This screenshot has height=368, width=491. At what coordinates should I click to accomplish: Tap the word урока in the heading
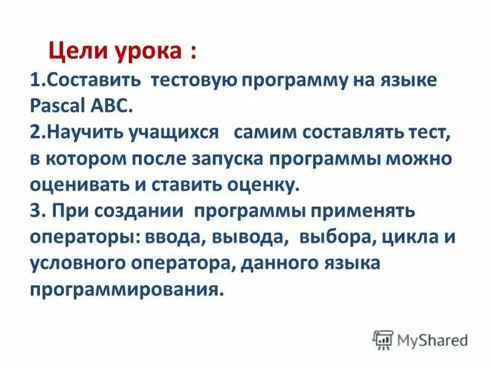(x=145, y=52)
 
